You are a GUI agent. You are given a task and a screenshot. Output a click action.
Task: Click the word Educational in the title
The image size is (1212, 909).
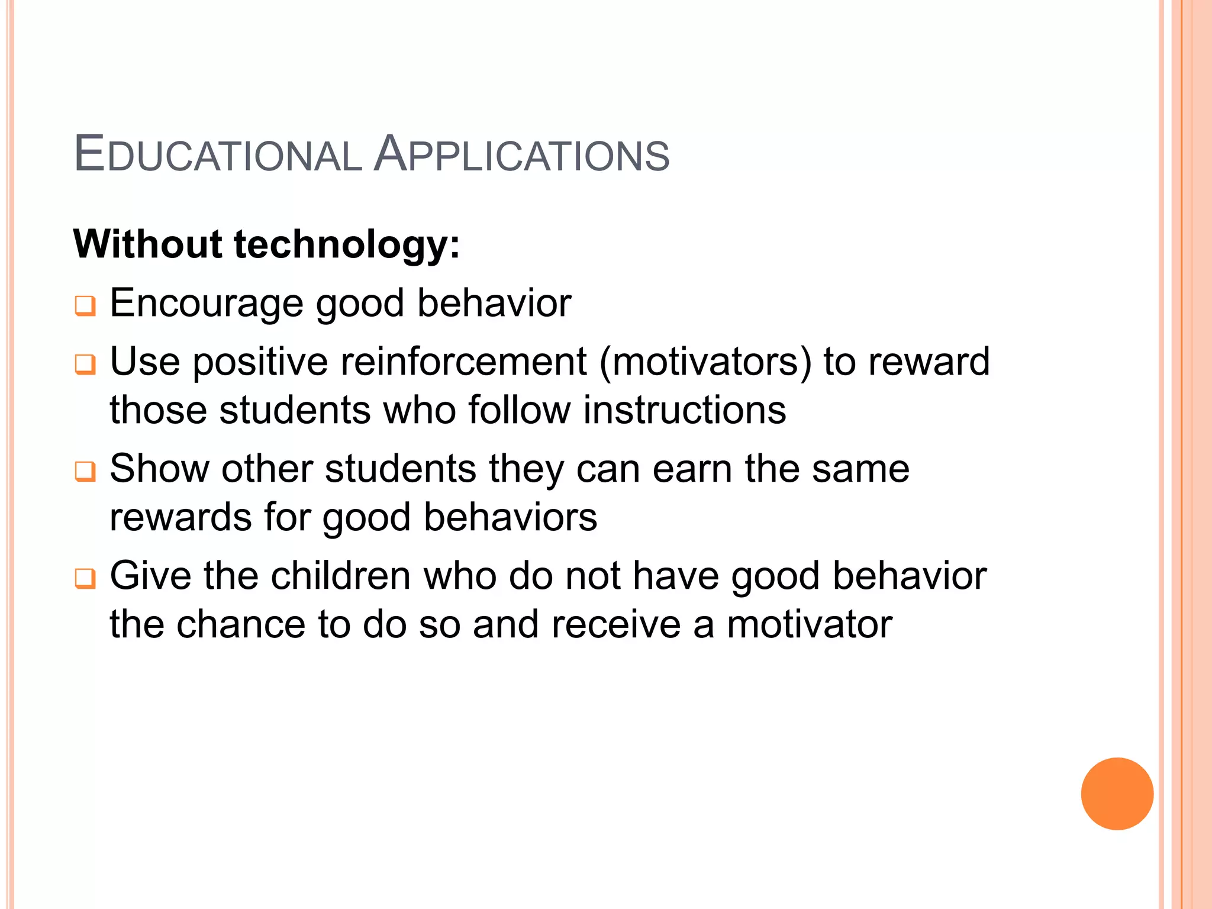tap(218, 155)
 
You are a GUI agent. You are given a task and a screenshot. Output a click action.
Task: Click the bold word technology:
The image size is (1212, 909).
tap(347, 245)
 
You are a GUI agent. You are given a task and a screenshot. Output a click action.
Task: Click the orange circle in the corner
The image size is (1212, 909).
tap(1117, 794)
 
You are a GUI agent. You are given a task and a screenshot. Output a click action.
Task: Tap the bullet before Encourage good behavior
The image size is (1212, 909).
tap(85, 306)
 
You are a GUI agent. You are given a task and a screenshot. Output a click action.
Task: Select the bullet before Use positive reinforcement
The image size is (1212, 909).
tap(85, 364)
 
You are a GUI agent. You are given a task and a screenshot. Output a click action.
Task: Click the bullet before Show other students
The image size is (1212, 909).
tap(85, 471)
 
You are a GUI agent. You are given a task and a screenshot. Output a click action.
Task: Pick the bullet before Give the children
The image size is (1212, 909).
tap(85, 578)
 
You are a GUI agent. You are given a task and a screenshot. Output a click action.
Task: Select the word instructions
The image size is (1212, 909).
tap(685, 410)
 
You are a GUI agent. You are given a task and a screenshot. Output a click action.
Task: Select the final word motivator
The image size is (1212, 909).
tap(809, 625)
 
